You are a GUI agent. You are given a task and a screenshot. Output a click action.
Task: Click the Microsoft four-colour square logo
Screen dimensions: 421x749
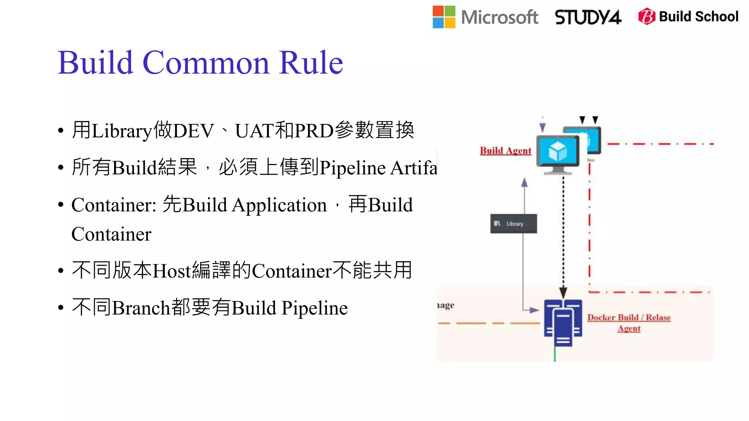(444, 17)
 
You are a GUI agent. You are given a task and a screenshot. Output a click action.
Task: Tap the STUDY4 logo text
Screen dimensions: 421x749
(588, 17)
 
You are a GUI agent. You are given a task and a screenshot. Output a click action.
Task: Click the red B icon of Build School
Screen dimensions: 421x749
(647, 16)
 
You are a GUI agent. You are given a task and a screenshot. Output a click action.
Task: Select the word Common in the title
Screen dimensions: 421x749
(206, 63)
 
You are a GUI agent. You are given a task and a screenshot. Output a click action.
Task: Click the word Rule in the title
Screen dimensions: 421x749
(311, 63)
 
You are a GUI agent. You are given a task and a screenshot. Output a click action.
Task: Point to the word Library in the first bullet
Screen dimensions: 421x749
(122, 131)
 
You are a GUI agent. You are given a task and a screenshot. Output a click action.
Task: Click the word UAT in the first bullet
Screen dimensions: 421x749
(255, 131)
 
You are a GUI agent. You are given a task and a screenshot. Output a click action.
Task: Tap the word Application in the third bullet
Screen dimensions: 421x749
(279, 205)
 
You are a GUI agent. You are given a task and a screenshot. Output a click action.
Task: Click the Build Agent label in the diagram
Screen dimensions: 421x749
(505, 151)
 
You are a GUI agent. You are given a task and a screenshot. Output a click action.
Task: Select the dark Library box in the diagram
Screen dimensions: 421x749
(513, 224)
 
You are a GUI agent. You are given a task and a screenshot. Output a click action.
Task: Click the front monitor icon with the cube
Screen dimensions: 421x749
(558, 153)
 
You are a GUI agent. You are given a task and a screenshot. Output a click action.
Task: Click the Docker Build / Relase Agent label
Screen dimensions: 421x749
(629, 322)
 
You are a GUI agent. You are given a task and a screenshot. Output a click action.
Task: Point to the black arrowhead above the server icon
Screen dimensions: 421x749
(563, 292)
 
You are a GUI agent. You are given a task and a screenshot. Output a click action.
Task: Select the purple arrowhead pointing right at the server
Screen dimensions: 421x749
(534, 310)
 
